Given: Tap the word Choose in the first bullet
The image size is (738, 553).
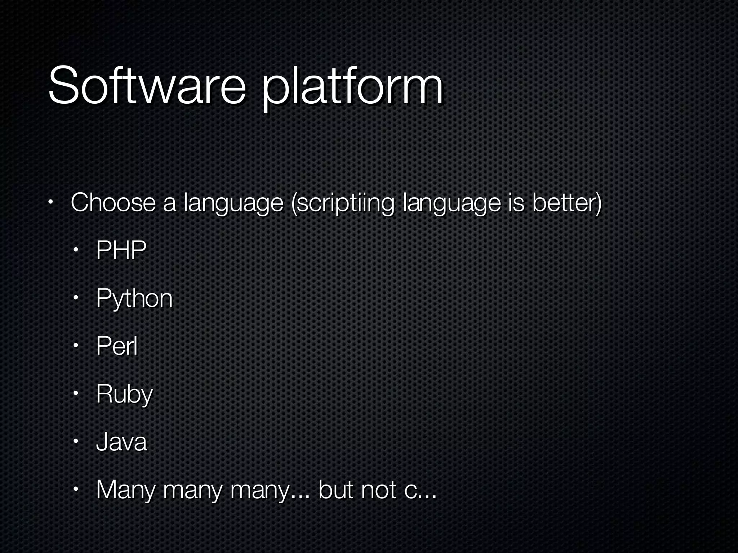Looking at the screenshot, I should point(113,202).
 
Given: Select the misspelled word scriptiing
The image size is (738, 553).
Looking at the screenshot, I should point(342,204).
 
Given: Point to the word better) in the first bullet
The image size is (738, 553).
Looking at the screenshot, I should point(567,203).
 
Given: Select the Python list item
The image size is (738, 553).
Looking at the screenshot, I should point(134,299).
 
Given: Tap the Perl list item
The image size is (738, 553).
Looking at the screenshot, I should point(117,346).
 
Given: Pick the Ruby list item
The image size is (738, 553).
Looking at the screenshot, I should point(124,395).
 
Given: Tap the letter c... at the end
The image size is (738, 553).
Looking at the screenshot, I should point(420,491).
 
